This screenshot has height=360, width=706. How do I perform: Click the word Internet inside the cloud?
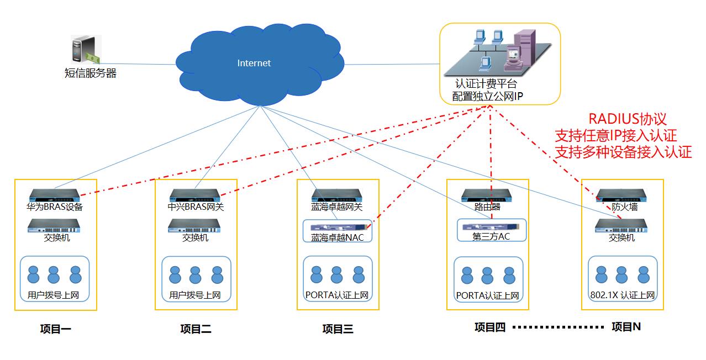[x=254, y=63]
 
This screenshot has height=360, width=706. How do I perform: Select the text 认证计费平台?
[x=486, y=84]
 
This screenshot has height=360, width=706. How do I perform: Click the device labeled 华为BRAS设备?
[x=55, y=195]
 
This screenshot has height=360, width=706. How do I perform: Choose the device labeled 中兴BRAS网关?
[x=196, y=195]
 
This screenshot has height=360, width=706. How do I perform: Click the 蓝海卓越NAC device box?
[x=338, y=231]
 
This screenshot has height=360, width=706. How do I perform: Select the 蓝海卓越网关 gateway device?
[x=337, y=195]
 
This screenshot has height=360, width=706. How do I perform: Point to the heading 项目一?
[x=55, y=330]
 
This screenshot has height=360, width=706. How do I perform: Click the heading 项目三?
[x=338, y=330]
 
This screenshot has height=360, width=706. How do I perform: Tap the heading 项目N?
[x=626, y=327]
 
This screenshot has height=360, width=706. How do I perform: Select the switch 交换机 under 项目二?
[x=194, y=225]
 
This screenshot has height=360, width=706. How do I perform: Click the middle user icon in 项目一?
[x=54, y=274]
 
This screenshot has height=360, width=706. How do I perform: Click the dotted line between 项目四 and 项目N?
[x=558, y=327]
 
